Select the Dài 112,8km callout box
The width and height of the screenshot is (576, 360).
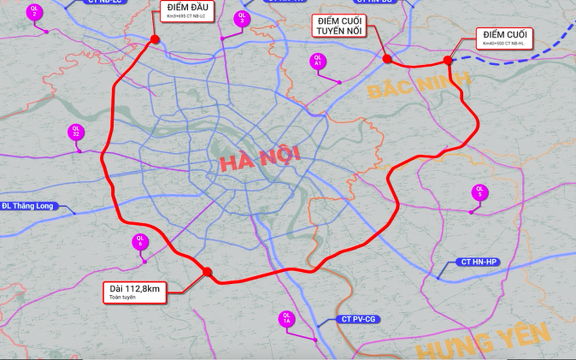point(135,292)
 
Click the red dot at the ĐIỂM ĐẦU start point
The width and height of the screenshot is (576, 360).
point(155,39)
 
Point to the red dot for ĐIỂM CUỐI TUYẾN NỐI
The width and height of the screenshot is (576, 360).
point(387,59)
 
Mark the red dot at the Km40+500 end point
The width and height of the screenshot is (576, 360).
point(447,60)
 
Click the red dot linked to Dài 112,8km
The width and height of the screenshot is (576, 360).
point(207,272)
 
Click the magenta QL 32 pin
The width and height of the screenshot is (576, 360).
point(75,132)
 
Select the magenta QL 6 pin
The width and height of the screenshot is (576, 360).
point(140,242)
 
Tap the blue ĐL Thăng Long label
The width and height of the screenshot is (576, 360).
point(29,206)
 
